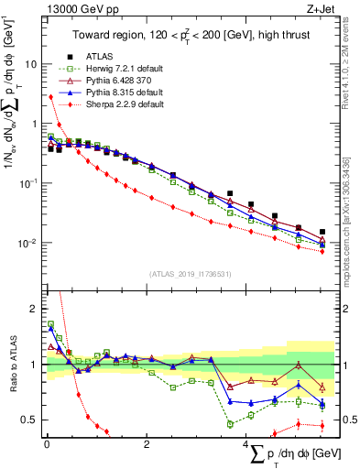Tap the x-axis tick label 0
click(x=46, y=445)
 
